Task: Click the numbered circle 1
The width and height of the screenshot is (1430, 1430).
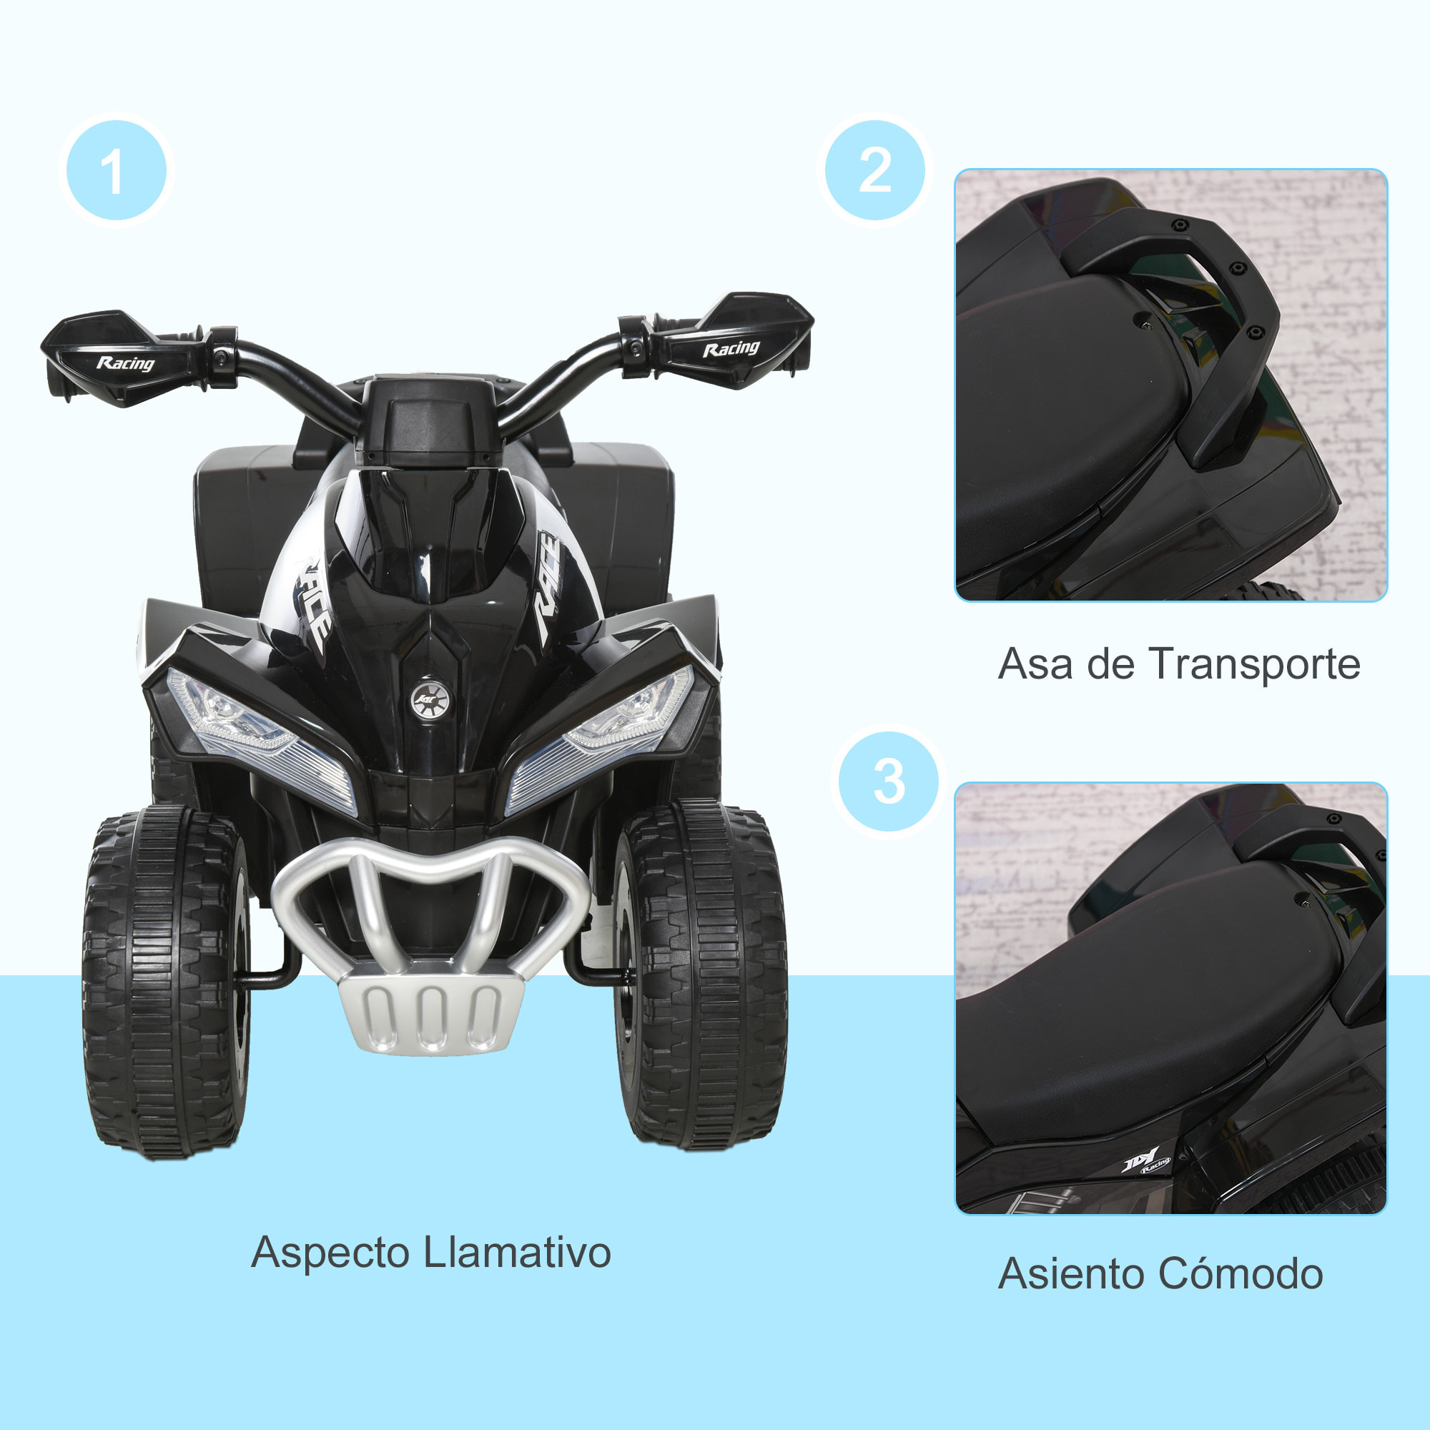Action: tap(117, 171)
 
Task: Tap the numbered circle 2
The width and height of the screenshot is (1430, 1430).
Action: tap(875, 171)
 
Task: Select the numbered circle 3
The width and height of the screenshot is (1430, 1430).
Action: tap(888, 781)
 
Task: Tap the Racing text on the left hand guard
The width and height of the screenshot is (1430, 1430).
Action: tap(125, 363)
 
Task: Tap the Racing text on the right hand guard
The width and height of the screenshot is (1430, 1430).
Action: tap(731, 349)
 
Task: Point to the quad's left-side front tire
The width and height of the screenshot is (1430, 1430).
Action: tap(164, 985)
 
